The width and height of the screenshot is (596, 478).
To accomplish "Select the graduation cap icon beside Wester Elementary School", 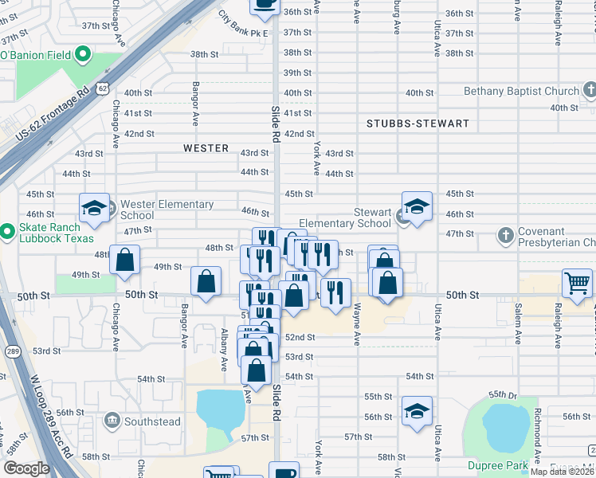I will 94,209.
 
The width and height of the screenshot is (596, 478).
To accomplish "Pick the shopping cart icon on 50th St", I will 577,282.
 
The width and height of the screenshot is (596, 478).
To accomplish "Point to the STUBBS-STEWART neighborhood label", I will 418,123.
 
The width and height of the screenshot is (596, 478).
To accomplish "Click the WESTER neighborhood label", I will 206,148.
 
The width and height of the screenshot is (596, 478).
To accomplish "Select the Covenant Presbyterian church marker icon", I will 504,235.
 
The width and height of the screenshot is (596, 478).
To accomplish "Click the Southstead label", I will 153,421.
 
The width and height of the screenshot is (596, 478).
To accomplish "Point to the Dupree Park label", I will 498,465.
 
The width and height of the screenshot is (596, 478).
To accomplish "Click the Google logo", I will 25,468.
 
